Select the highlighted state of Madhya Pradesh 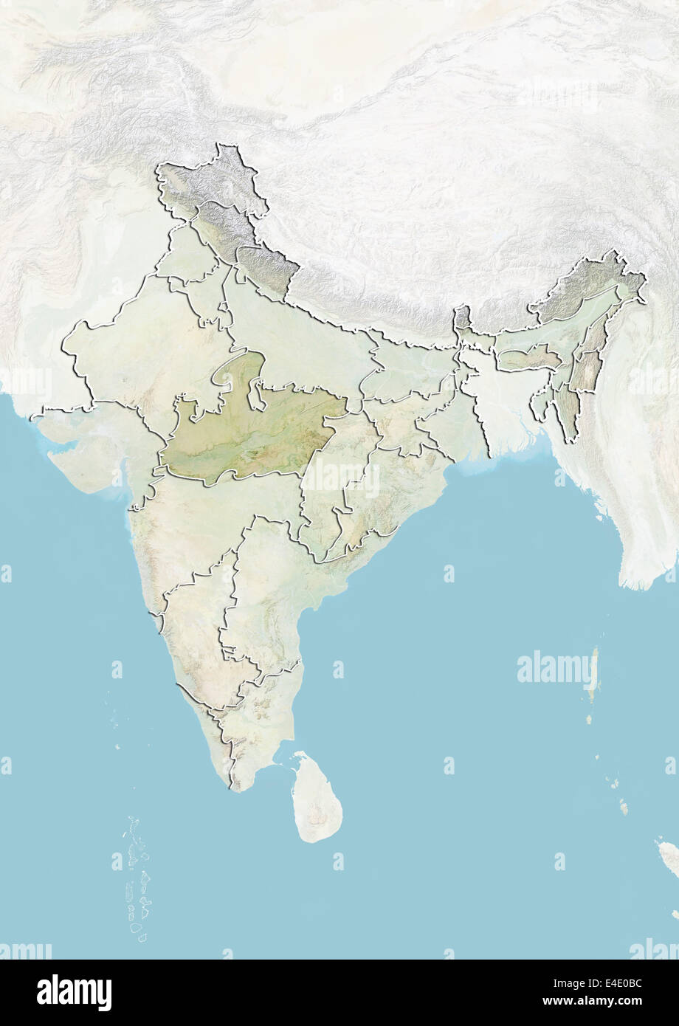(x=251, y=435)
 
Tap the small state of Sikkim (x=462, y=318)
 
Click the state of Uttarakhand (x=266, y=267)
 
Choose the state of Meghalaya (x=526, y=359)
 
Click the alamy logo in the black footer (x=74, y=992)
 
